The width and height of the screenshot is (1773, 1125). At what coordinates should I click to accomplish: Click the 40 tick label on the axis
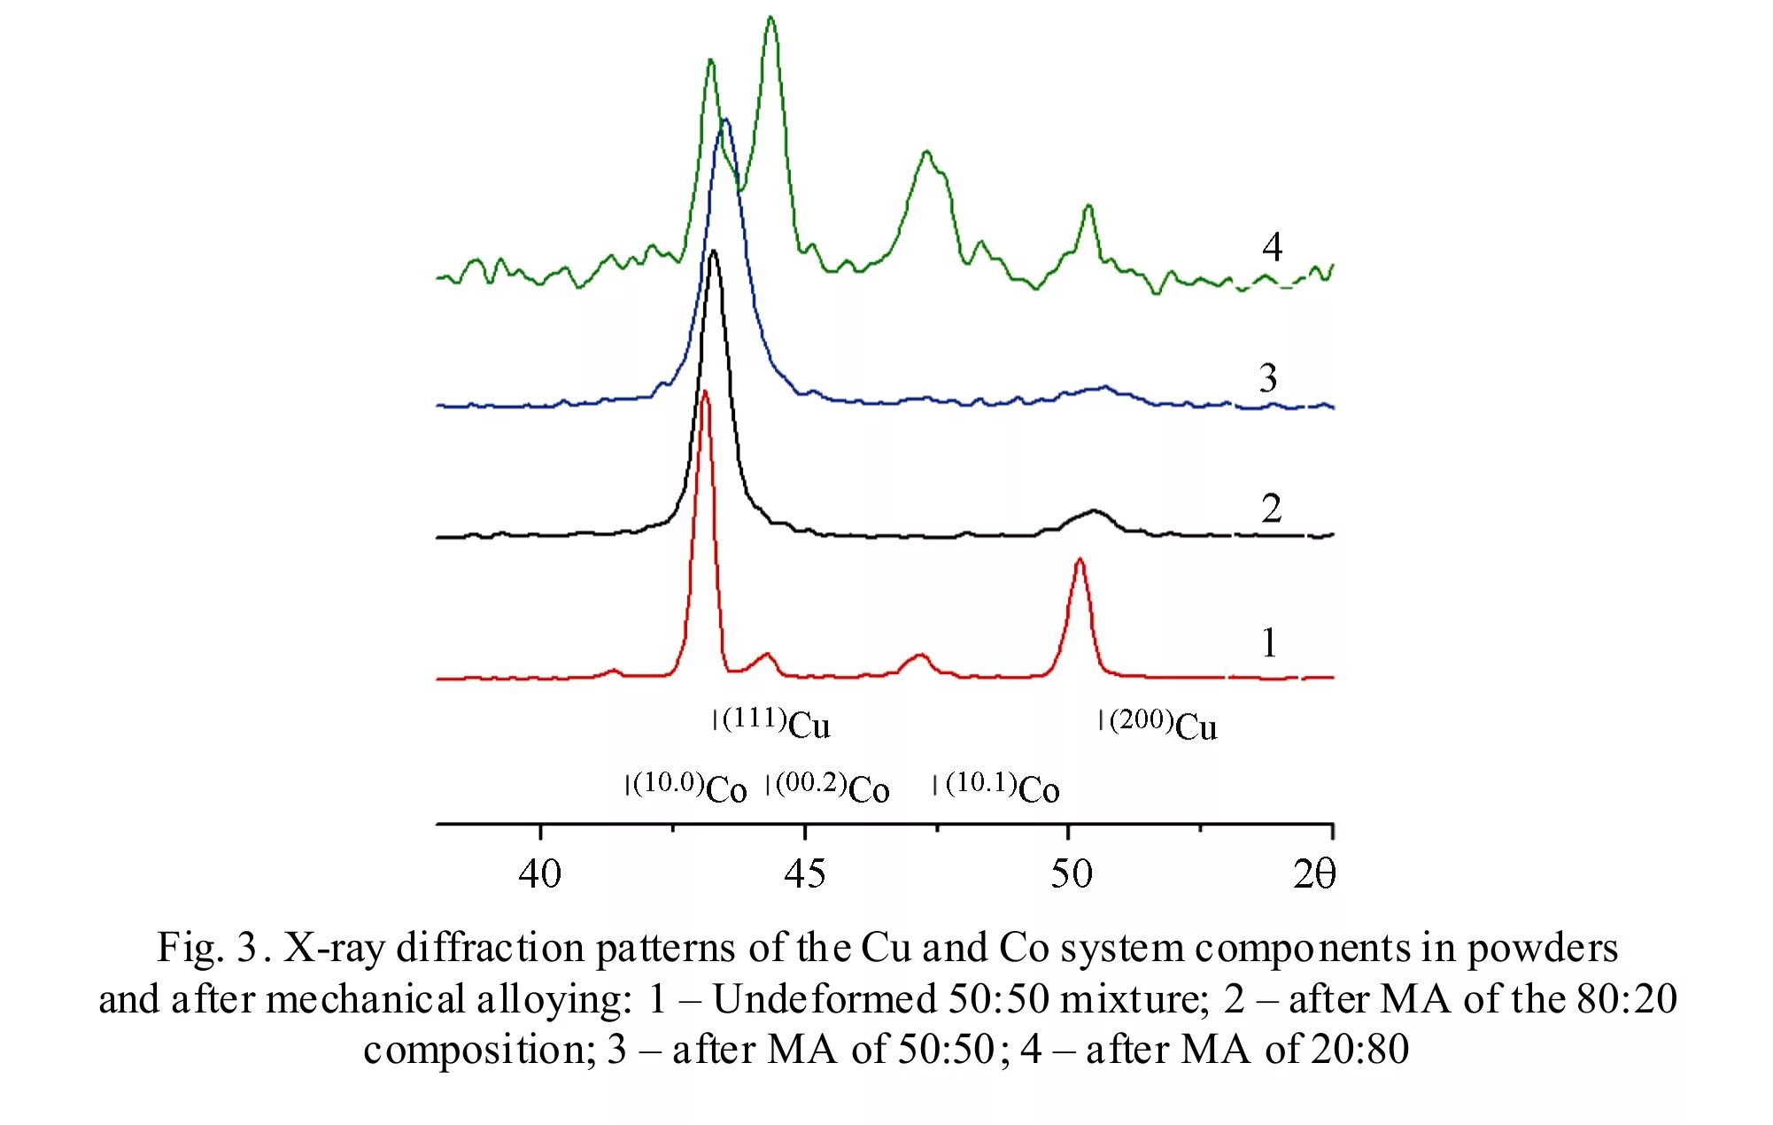click(539, 874)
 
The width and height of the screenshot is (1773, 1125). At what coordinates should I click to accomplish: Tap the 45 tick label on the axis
click(804, 874)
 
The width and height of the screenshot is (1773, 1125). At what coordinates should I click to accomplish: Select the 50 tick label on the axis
click(1071, 874)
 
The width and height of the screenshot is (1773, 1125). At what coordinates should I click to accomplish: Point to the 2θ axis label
click(1313, 874)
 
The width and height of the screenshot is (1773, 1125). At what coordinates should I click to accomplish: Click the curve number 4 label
click(1272, 247)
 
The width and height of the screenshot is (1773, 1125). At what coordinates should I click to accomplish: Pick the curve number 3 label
click(1268, 378)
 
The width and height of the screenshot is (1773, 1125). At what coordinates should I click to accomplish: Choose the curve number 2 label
click(1271, 508)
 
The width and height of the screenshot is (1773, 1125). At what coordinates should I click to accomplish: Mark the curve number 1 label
click(1269, 642)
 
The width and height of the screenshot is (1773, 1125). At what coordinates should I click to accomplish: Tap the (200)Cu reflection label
click(1163, 725)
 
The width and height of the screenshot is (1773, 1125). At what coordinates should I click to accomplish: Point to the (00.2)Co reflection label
click(832, 787)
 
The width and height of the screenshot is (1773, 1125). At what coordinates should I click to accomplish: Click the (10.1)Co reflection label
click(1002, 787)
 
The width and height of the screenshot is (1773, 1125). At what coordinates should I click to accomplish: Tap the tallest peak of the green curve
click(770, 18)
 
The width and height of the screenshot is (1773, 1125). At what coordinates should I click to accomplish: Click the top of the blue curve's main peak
click(725, 120)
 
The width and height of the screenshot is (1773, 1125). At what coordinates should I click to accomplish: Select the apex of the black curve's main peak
click(714, 252)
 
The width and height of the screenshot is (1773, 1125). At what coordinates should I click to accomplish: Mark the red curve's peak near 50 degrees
click(1079, 560)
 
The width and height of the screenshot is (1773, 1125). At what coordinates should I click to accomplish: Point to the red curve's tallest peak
click(705, 392)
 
